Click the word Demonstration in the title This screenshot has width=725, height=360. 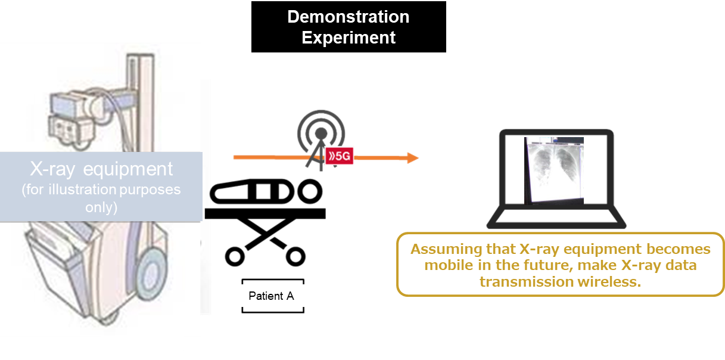[348, 17]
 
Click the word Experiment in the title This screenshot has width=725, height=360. [348, 38]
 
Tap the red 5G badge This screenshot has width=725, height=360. [339, 156]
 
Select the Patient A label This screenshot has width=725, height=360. [271, 296]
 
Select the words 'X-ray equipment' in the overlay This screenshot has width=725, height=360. [101, 169]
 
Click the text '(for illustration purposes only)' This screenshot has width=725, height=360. [101, 198]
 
